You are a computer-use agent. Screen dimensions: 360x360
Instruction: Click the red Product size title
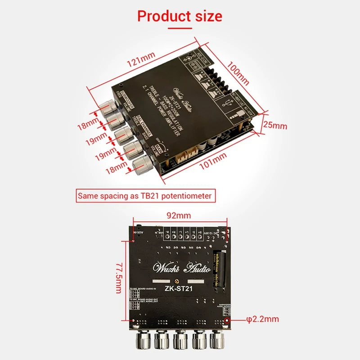click(x=180, y=17)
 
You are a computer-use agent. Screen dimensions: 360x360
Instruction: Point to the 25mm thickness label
click(x=275, y=126)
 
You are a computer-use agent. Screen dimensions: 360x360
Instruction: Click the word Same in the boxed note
click(x=87, y=196)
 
